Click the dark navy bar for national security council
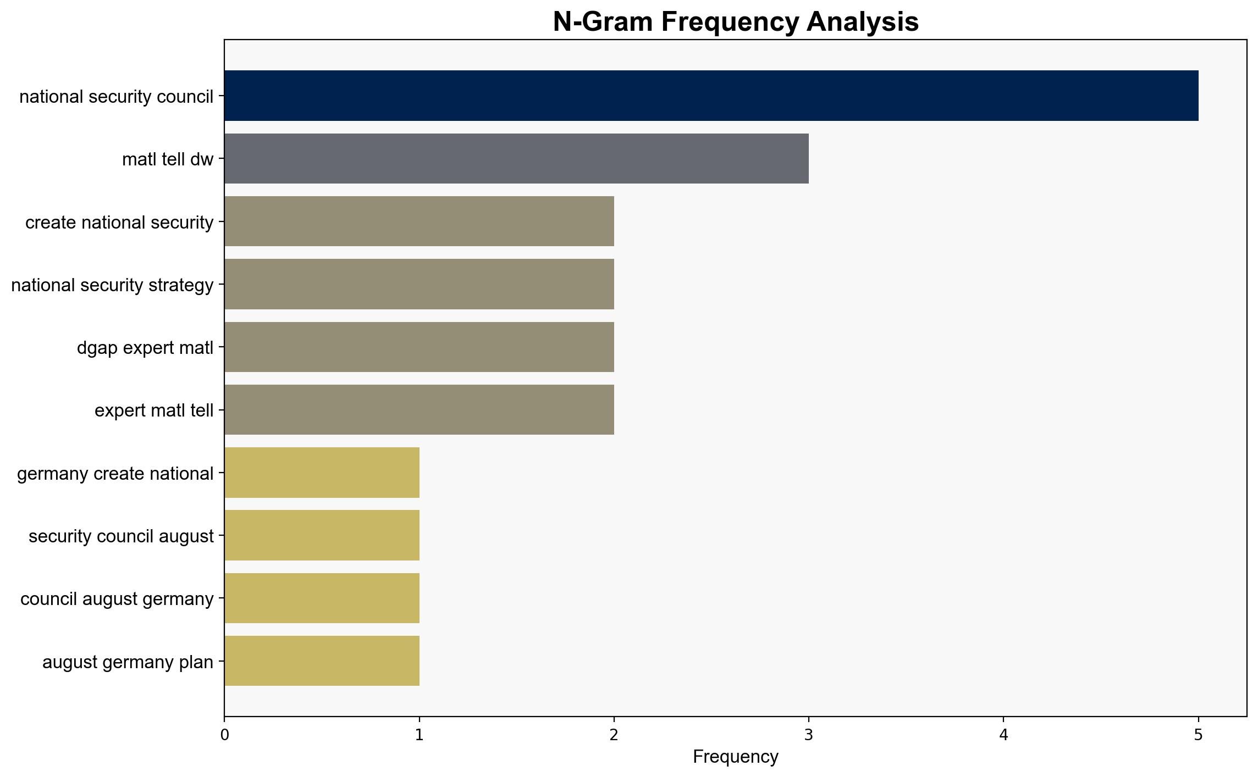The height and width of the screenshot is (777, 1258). pyautogui.click(x=711, y=96)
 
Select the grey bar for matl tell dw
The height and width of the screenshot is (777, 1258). pyautogui.click(x=516, y=158)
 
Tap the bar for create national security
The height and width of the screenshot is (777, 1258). pyautogui.click(x=419, y=221)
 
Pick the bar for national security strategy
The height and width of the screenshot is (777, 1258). pyautogui.click(x=419, y=284)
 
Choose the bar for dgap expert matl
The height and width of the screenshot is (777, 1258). pyautogui.click(x=419, y=347)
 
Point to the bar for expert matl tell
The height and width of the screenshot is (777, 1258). pyautogui.click(x=419, y=410)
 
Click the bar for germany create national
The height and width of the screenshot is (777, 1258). pyautogui.click(x=322, y=473)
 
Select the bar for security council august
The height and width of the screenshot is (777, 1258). pyautogui.click(x=322, y=535)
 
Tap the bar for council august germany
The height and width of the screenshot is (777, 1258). pyautogui.click(x=322, y=598)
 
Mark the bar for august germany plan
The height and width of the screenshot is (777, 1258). pyautogui.click(x=322, y=661)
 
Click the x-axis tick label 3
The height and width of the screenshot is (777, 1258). pyautogui.click(x=809, y=735)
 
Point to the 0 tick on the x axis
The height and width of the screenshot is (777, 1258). pyautogui.click(x=224, y=735)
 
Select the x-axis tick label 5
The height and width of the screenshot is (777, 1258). pyautogui.click(x=1199, y=735)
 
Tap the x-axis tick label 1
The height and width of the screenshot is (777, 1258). pyautogui.click(x=420, y=735)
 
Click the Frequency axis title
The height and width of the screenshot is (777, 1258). pyautogui.click(x=736, y=757)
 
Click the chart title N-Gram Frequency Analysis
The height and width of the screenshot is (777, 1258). pyautogui.click(x=736, y=22)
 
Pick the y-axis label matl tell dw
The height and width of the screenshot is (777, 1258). pyautogui.click(x=168, y=159)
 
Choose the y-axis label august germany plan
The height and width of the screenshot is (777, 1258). pyautogui.click(x=128, y=662)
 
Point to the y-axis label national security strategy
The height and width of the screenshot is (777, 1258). pyautogui.click(x=112, y=285)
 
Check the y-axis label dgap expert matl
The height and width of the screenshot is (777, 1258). pyautogui.click(x=145, y=348)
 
